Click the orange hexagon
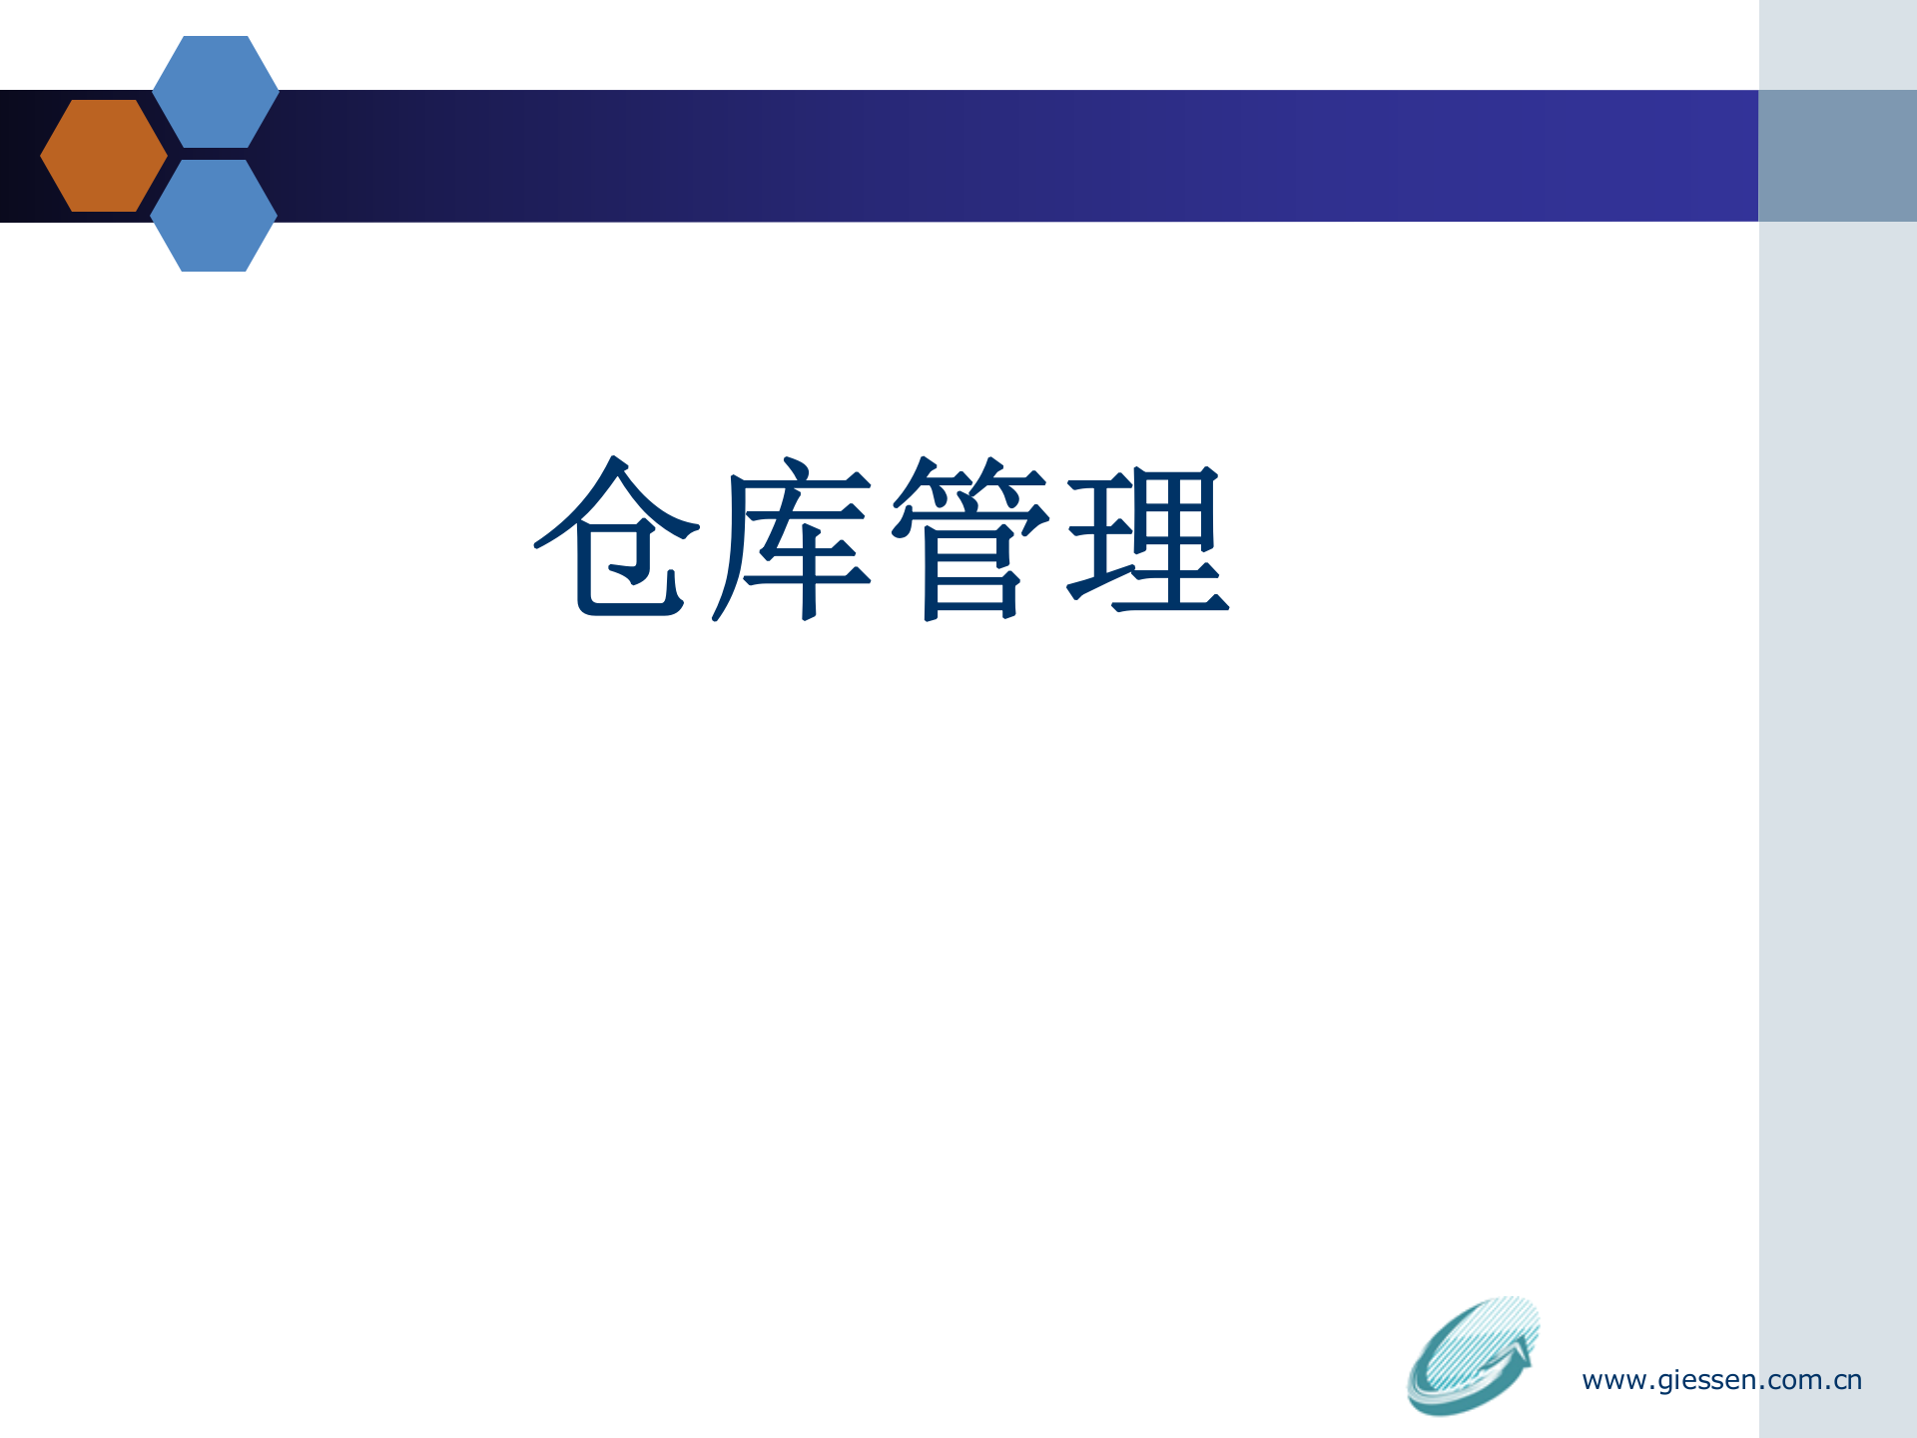pyautogui.click(x=104, y=155)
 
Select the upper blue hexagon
pyautogui.click(x=215, y=92)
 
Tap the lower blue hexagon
pyautogui.click(x=214, y=216)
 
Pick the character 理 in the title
pyautogui.click(x=1148, y=539)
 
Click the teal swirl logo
pyautogui.click(x=1468, y=1358)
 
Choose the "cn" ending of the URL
pyautogui.click(x=1848, y=1381)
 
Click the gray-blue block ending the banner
pyautogui.click(x=1837, y=156)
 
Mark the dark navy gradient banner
pyautogui.click(x=998, y=156)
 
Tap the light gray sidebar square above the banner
pyautogui.click(x=1837, y=45)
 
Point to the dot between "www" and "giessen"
pyautogui.click(x=1652, y=1388)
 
